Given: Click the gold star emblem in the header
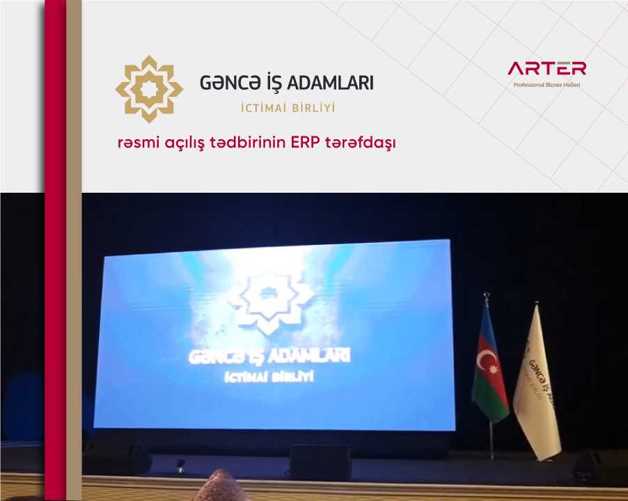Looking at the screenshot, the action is point(149,89).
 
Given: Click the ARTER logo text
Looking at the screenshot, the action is point(547,68).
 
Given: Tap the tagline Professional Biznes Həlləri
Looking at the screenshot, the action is point(547,85).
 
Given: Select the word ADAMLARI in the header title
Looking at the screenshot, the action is point(331,83).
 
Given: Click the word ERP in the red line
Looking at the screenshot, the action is point(305,143).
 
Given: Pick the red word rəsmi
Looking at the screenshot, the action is point(138,143).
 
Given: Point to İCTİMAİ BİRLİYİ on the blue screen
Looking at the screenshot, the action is point(269,377).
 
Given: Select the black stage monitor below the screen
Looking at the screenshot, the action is point(320,462).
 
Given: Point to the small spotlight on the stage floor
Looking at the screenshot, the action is point(180,466).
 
